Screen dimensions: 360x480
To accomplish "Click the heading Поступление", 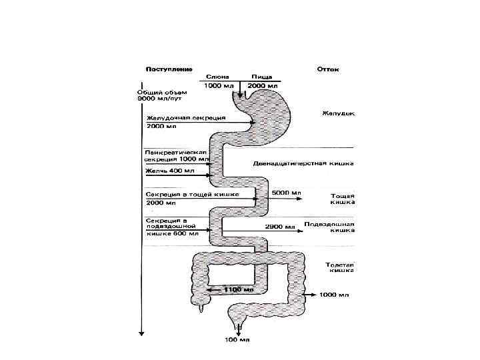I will [169, 69].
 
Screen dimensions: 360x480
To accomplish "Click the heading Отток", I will [328, 69].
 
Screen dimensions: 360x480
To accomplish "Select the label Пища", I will [262, 77].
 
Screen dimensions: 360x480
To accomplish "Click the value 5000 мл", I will [287, 193].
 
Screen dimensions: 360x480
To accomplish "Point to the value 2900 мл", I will [281, 227].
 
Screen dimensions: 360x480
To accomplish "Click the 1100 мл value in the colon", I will [238, 290].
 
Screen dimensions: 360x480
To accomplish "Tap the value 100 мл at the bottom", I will [236, 341].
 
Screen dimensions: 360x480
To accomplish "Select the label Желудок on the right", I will [339, 113].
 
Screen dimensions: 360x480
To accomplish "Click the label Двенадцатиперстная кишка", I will [303, 163].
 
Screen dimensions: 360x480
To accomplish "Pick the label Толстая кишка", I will [340, 267].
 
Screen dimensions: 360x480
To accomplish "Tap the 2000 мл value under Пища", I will [262, 87].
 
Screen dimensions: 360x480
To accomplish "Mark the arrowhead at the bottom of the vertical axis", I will [141, 332].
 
